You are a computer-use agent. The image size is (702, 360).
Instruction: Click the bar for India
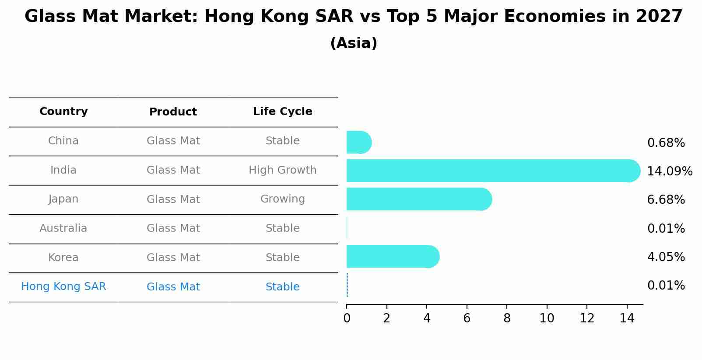(x=493, y=171)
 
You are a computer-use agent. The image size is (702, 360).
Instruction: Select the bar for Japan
(x=419, y=199)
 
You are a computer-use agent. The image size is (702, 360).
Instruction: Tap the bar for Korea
(x=393, y=256)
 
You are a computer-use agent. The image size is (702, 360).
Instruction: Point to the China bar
(x=359, y=142)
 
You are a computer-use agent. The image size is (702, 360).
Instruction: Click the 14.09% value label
(x=670, y=171)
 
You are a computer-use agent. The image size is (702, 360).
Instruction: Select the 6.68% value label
(x=666, y=200)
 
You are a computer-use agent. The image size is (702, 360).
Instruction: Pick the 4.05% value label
(x=666, y=257)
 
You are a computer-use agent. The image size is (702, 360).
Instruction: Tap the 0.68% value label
(x=666, y=143)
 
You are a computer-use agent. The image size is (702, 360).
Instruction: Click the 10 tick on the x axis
(x=547, y=318)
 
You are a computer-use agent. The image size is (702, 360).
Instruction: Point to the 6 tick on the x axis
(x=467, y=318)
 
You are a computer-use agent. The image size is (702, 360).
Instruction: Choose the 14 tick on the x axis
(x=627, y=318)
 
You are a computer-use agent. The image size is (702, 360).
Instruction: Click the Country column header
(x=63, y=112)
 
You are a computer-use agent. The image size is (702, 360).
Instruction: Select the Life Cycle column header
(x=283, y=112)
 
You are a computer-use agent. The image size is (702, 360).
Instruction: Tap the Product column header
(x=173, y=112)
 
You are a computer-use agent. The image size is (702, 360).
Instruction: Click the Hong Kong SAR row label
(x=63, y=287)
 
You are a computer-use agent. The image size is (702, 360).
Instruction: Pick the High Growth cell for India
(x=283, y=170)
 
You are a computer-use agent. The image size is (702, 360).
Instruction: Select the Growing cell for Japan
(x=283, y=199)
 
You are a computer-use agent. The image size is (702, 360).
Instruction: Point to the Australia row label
(x=63, y=228)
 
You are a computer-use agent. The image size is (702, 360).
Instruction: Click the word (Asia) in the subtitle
(x=354, y=43)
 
